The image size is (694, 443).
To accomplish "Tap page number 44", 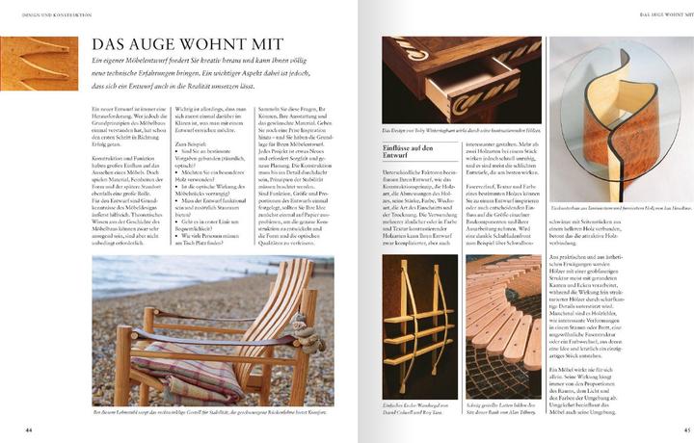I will coord(29,429).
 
